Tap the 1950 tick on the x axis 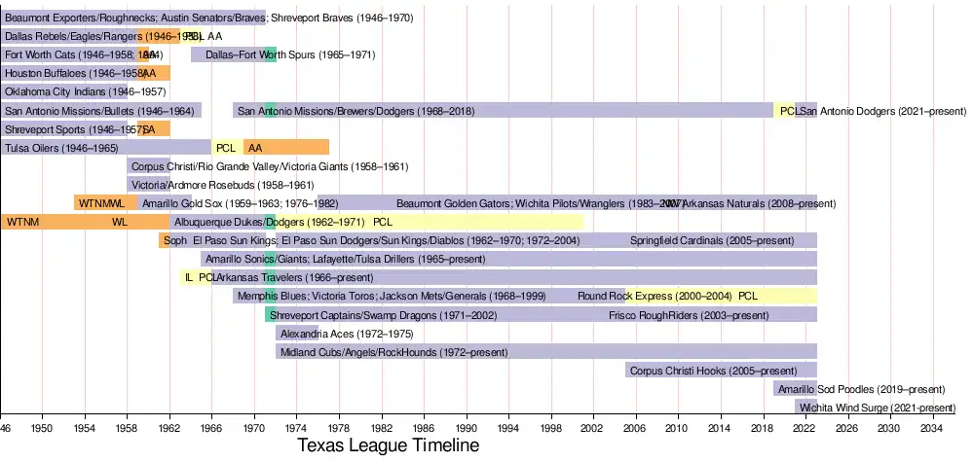pyautogui.click(x=42, y=428)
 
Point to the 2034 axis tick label pyautogui.click(x=931, y=428)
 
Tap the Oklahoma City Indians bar pyautogui.click(x=64, y=92)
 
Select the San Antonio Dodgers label pyautogui.click(x=871, y=111)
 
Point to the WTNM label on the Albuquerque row pyautogui.click(x=21, y=223)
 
